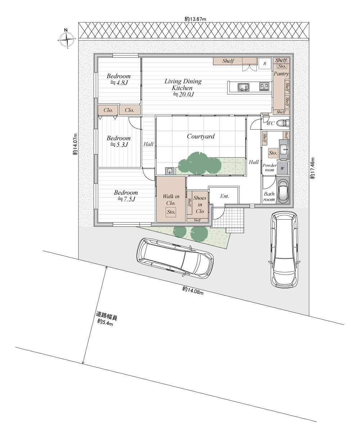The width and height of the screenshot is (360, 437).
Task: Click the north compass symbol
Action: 67,39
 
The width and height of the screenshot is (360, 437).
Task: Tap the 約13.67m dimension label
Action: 195,19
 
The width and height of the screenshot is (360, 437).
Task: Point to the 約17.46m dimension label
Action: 312,168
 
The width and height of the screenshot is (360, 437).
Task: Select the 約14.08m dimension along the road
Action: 193,290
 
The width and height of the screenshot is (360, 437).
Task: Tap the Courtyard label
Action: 201,136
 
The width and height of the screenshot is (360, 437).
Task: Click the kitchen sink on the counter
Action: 243,87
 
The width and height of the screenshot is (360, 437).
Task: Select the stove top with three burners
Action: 264,86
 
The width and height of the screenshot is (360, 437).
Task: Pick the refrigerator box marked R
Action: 265,63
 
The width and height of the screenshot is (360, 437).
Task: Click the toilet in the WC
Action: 283,123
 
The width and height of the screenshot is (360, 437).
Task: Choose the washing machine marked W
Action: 282,168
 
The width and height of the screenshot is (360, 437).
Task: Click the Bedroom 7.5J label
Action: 126,196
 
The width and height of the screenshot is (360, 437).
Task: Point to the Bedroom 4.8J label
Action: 118,79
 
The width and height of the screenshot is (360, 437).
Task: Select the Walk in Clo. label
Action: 171,200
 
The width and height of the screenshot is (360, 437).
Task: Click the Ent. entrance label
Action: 225,196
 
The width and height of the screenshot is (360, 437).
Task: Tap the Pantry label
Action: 281,74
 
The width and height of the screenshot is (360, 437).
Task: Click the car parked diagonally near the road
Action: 175,258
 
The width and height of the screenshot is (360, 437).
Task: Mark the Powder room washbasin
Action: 284,149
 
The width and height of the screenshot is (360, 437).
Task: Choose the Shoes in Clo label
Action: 200,204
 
